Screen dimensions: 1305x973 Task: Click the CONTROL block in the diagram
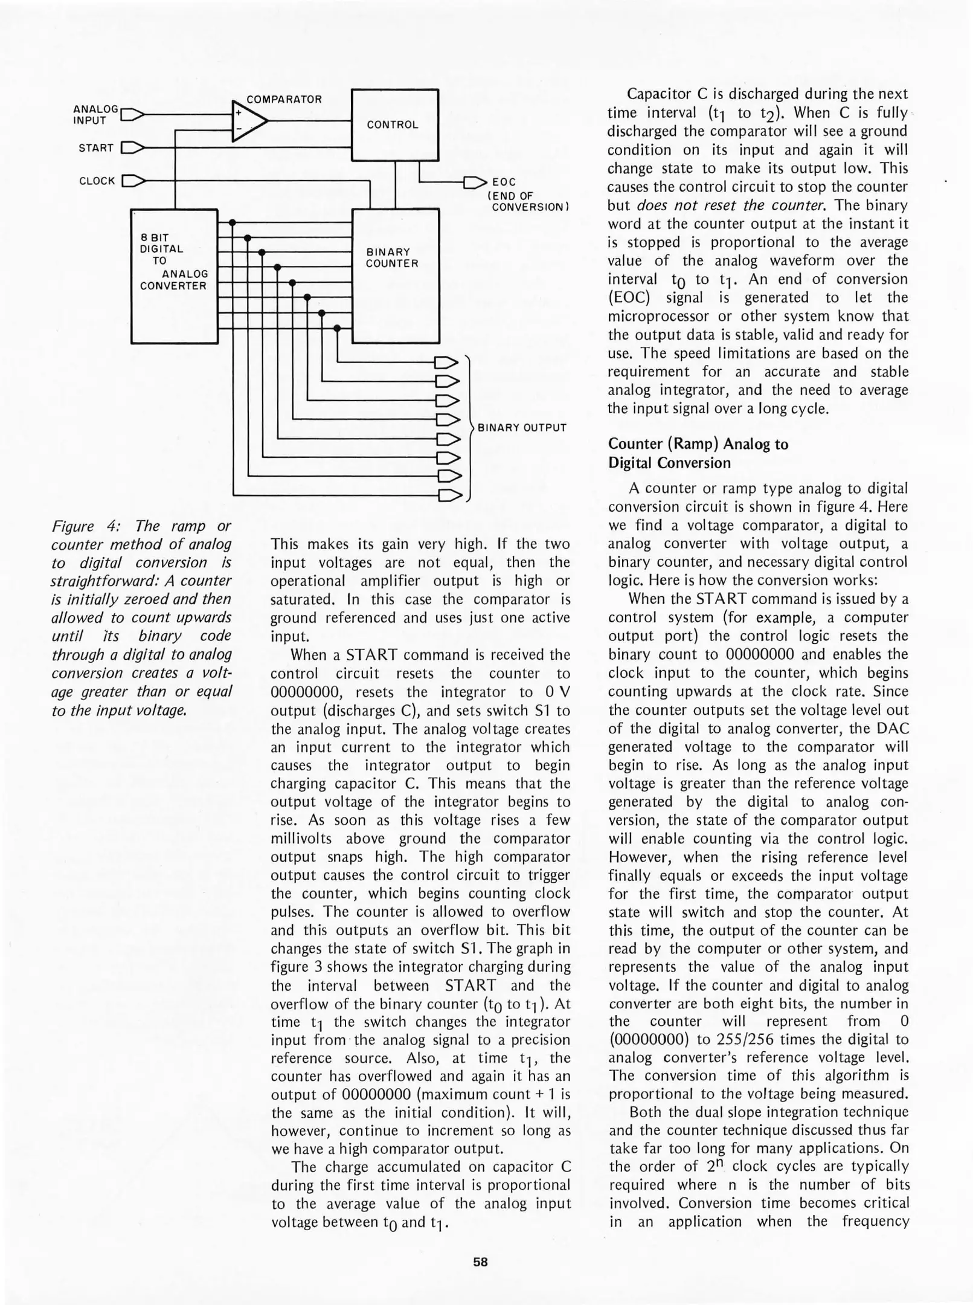394,125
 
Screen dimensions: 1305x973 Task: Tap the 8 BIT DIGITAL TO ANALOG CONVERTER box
174,275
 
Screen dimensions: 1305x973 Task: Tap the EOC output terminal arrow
475,181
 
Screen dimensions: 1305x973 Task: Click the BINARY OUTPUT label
522,428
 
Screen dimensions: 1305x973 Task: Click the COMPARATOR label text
284,99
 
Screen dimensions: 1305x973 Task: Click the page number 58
480,1261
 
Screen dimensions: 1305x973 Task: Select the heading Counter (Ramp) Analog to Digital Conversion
698,453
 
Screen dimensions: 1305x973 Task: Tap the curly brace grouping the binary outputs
469,428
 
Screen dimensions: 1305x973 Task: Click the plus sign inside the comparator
239,112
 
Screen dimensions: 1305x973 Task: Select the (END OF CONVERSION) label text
528,201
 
